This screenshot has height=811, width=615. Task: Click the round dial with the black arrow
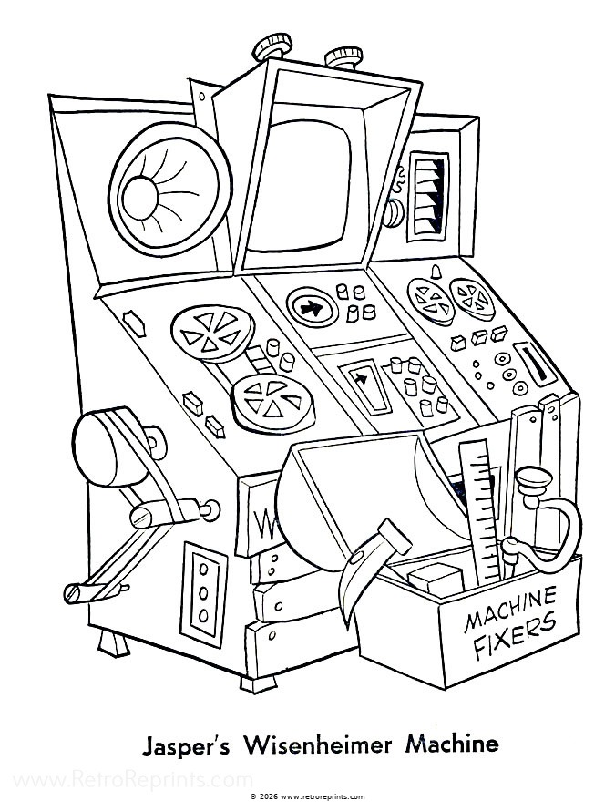click(x=310, y=307)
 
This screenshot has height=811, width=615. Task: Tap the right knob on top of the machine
click(x=343, y=56)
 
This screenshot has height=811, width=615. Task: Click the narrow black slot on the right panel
click(x=530, y=363)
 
